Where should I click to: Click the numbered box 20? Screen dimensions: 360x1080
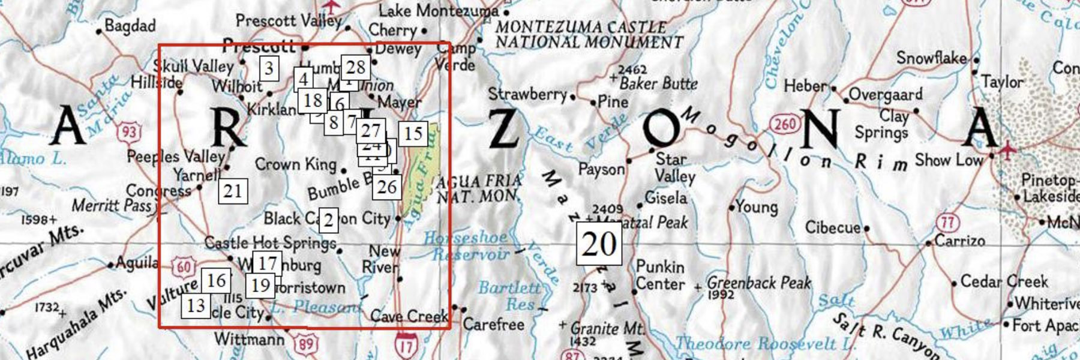point(599,244)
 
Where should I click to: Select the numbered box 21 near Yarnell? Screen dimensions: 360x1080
point(233,191)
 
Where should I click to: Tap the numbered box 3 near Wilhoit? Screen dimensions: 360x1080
point(269,68)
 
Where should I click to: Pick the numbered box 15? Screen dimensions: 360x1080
point(413,133)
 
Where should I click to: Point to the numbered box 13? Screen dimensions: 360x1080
point(196,305)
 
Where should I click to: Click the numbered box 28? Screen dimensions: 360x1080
point(355,67)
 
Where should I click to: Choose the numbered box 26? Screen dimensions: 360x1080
point(387,187)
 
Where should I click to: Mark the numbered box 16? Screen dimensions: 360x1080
point(216,280)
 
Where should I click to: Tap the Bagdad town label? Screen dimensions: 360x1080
point(130,26)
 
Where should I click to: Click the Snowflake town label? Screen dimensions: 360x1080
point(931,58)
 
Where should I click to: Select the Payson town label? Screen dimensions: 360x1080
point(601,170)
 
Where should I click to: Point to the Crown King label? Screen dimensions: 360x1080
point(296,164)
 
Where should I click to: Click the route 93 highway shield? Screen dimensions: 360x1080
point(130,131)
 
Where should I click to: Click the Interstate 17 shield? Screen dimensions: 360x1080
point(406,346)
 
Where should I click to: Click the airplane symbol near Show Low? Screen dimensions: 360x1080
point(1008,148)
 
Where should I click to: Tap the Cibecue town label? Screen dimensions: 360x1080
point(832,227)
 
